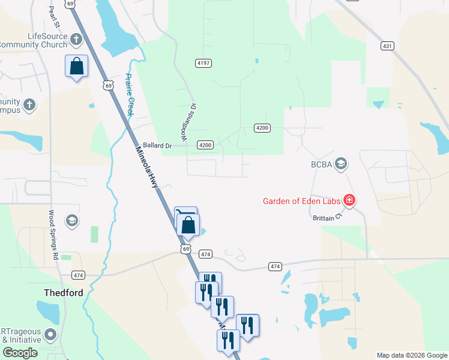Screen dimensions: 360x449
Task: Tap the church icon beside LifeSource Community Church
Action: pos(76,40)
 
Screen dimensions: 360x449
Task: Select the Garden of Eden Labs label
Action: pos(301,200)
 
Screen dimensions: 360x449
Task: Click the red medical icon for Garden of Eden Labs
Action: pos(349,200)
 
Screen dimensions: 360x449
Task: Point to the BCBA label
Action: pos(321,164)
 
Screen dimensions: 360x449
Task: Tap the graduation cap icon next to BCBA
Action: pos(341,164)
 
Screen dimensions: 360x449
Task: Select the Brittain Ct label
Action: pos(327,218)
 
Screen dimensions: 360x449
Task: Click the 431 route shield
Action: pos(387,46)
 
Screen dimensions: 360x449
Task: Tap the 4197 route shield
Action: pos(203,63)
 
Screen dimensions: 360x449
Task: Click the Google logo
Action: pos(20,353)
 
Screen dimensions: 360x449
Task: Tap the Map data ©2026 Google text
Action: pos(411,355)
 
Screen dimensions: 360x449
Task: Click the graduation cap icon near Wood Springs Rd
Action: pos(72,220)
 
